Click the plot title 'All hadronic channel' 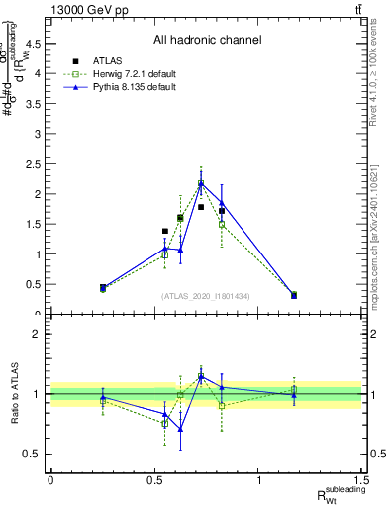(207, 41)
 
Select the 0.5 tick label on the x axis (154, 478)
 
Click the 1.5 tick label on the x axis (364, 478)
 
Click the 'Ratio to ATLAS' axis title (13, 393)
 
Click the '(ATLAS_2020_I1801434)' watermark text (207, 296)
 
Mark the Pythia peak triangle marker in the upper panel (201, 183)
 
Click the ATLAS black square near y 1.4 (165, 231)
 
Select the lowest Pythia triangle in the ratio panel (180, 429)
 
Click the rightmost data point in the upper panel (294, 295)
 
